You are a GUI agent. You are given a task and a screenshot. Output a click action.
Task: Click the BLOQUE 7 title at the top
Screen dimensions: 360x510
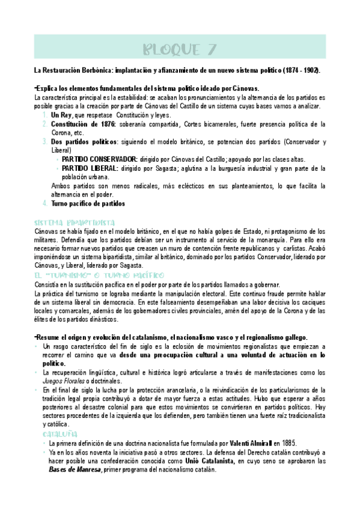180,49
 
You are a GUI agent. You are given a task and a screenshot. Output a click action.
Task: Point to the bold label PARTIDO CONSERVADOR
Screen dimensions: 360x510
99,159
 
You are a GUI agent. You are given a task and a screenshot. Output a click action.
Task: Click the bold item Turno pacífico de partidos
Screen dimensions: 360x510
88,204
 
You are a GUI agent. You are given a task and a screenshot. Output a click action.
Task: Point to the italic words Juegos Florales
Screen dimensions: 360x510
65,381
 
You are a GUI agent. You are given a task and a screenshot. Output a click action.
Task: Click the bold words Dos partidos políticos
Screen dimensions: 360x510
86,142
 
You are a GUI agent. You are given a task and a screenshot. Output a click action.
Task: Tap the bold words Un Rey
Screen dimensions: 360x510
62,115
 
